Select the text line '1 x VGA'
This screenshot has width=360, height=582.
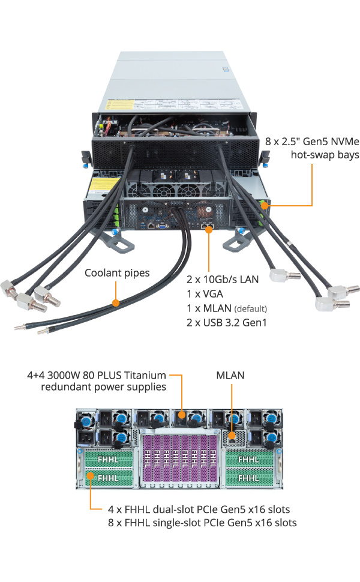coord(205,295)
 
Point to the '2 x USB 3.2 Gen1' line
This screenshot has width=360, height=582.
coord(227,323)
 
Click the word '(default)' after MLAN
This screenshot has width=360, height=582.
coord(250,309)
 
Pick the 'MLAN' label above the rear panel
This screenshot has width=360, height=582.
coord(231,375)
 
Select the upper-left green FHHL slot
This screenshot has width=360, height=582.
coord(107,459)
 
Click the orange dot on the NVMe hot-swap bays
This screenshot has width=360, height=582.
coord(265,206)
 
